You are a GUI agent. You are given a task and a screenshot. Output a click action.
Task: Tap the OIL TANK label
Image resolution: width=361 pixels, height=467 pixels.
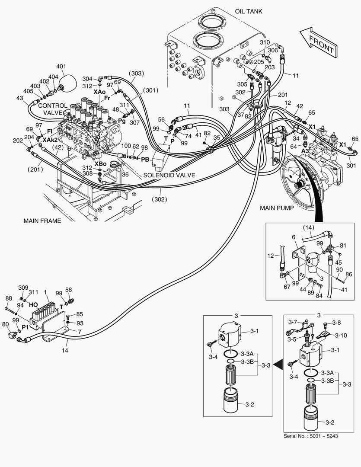(248, 11)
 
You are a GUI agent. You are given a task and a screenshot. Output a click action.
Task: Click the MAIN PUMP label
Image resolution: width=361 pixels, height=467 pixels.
(277, 208)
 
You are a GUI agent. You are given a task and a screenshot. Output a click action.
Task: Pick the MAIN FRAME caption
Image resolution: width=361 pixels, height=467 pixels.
(42, 221)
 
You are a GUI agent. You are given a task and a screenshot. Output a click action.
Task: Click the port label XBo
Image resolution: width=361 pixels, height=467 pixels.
(100, 164)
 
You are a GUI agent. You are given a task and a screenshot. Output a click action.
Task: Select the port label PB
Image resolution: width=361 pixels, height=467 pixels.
(145, 159)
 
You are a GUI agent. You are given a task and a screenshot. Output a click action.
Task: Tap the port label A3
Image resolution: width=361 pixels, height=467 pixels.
(305, 150)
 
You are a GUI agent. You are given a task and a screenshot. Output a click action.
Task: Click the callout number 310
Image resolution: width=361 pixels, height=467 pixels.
(265, 42)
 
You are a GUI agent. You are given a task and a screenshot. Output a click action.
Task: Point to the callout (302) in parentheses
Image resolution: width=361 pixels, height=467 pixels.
(160, 199)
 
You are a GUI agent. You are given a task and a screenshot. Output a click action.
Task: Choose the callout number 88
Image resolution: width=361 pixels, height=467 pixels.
(8, 298)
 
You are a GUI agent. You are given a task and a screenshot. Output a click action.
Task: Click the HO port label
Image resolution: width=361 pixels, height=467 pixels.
(33, 304)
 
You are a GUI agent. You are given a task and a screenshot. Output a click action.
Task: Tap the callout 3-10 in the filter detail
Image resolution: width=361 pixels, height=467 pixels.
(341, 335)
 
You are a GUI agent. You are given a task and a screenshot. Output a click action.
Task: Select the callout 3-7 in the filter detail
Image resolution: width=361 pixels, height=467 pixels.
(293, 322)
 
